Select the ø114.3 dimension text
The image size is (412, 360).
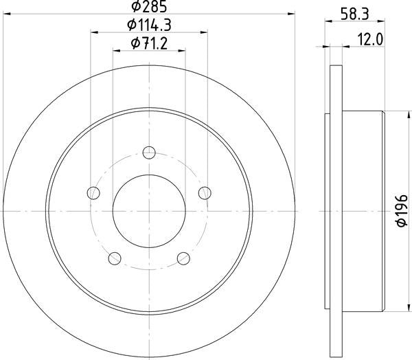[150, 26]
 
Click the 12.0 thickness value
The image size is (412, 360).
[370, 40]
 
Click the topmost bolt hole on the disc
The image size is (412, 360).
[150, 153]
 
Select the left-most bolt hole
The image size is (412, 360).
[93, 193]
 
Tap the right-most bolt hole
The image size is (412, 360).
[205, 193]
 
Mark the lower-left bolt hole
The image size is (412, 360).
[115, 258]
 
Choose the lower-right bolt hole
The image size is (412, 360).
[183, 258]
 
